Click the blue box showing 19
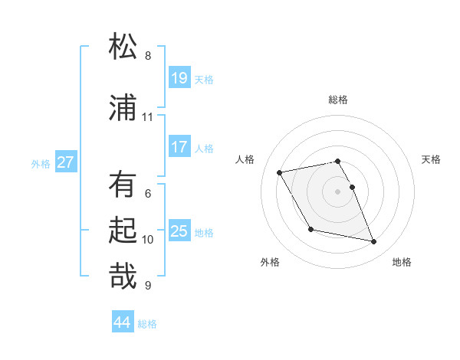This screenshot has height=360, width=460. (x=179, y=78)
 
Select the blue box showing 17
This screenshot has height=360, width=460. (x=179, y=147)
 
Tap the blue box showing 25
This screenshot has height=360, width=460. (x=179, y=231)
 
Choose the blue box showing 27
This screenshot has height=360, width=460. (x=66, y=162)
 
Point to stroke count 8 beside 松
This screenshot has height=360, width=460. (x=148, y=55)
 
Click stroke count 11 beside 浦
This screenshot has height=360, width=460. (x=148, y=116)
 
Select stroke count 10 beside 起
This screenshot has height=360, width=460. (x=148, y=239)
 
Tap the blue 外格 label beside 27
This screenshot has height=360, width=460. (x=41, y=163)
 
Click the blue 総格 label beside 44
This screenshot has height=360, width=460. (x=147, y=324)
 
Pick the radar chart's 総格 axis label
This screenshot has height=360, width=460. (x=338, y=100)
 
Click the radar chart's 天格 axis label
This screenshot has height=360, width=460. (x=432, y=159)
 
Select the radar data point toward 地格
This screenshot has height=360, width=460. (x=374, y=242)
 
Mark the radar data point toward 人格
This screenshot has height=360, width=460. (x=280, y=172)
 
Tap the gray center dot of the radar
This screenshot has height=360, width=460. (x=338, y=191)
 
